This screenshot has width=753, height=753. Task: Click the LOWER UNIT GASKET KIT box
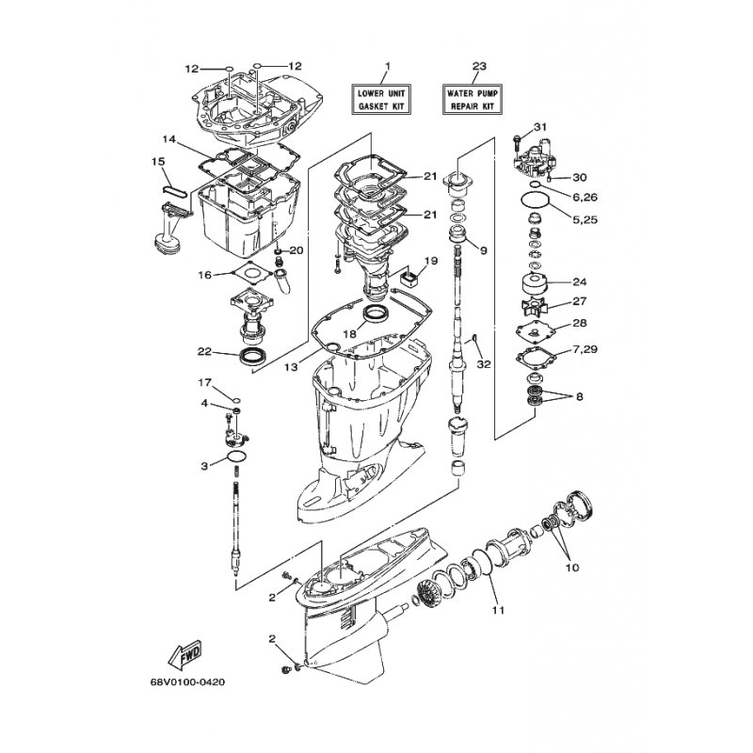[x=381, y=100]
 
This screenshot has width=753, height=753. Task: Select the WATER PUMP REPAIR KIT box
[x=473, y=100]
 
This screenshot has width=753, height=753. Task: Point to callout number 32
[x=484, y=364]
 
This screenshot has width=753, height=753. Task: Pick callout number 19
[x=431, y=261]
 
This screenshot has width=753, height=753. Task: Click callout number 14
[x=169, y=139]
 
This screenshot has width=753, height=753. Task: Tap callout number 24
[x=580, y=281]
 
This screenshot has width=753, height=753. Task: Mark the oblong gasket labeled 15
[x=174, y=189]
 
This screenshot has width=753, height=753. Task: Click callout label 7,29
[x=585, y=349]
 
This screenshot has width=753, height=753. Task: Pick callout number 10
[x=572, y=568]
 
